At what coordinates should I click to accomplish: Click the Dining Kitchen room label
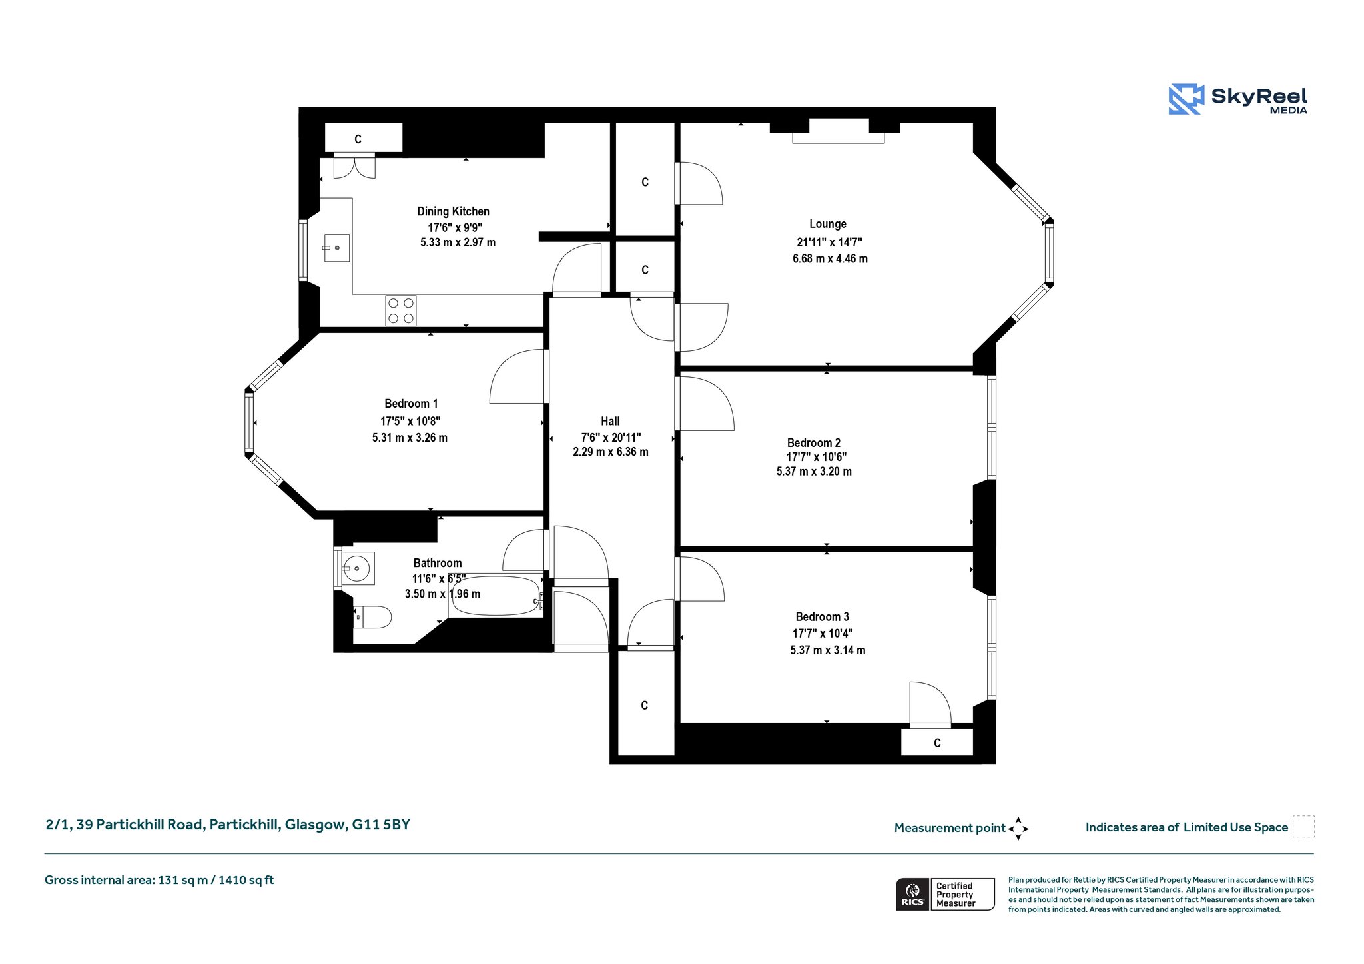tap(453, 211)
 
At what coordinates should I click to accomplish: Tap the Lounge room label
tap(828, 224)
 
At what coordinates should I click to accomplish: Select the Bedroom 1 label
tap(411, 404)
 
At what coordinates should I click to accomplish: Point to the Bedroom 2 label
tap(813, 443)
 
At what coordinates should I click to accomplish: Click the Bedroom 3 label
tap(822, 617)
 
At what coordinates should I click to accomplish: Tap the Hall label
tap(610, 421)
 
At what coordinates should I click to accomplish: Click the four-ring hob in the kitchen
tap(401, 311)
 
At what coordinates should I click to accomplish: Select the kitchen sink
tap(337, 248)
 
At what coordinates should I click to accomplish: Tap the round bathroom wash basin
tap(358, 568)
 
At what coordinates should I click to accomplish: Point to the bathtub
tap(496, 595)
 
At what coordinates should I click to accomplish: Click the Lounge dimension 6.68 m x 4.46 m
tap(830, 258)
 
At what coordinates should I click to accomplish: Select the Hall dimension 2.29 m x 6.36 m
tap(611, 452)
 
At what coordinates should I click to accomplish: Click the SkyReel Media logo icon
tap(1186, 99)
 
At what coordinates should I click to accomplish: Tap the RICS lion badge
tap(912, 894)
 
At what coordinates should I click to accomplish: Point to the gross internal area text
tap(159, 880)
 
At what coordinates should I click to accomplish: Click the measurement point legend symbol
tap(1018, 829)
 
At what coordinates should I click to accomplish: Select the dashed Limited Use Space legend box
tap(1303, 827)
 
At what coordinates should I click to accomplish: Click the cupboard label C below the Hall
tap(644, 706)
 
